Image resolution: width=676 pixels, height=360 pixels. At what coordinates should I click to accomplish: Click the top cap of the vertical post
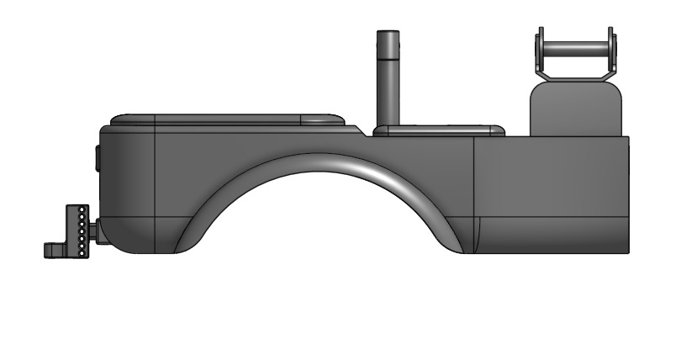[388, 34]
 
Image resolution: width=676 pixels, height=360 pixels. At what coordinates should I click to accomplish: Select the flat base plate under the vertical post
[437, 130]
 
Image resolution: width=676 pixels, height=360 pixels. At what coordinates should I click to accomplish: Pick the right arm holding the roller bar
[613, 56]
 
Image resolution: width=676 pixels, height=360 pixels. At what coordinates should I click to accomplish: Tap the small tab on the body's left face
[98, 158]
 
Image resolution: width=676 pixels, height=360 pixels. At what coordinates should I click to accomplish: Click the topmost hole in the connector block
[81, 209]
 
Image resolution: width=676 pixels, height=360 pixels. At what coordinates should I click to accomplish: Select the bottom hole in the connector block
[81, 250]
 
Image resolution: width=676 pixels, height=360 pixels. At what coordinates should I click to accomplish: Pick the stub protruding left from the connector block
[53, 249]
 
